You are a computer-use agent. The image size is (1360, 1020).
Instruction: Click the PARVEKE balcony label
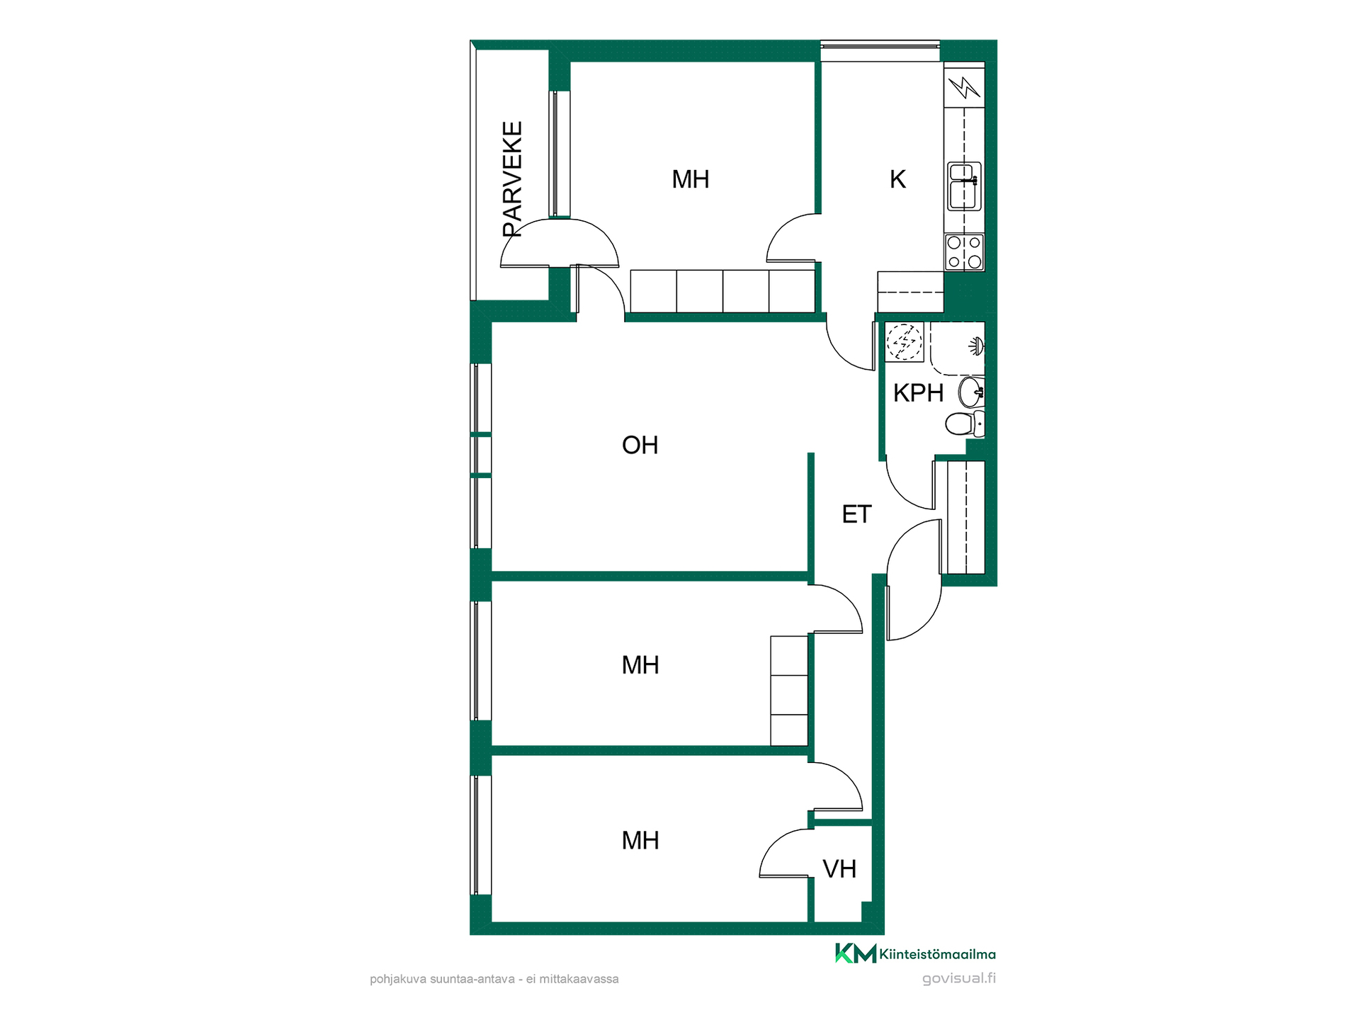(512, 179)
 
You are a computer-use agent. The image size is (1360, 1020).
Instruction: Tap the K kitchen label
(897, 180)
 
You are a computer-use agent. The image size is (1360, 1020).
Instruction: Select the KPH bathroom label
(918, 393)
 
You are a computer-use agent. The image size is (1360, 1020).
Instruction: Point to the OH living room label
(640, 446)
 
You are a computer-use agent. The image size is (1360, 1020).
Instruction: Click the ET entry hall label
(856, 514)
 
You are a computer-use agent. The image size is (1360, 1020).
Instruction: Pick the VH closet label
(839, 869)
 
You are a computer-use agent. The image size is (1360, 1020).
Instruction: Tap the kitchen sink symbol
(964, 186)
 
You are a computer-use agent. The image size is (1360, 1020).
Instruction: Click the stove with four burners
(964, 252)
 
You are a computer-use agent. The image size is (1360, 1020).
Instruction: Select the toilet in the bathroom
(965, 424)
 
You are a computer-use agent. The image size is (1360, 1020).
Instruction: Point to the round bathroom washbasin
(971, 392)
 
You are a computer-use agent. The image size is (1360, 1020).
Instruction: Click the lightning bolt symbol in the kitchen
(964, 87)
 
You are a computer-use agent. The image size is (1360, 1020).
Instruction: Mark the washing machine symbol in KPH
(905, 342)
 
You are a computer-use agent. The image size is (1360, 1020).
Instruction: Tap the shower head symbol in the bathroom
(977, 346)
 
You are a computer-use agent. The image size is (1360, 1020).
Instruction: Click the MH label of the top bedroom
(691, 180)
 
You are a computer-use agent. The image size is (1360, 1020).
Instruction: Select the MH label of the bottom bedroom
(640, 841)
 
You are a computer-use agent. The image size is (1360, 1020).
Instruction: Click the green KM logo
(856, 953)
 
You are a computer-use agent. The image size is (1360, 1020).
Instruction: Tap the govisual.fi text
(959, 979)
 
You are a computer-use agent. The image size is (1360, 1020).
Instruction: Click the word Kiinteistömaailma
(938, 955)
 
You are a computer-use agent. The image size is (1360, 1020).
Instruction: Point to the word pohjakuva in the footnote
(398, 980)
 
